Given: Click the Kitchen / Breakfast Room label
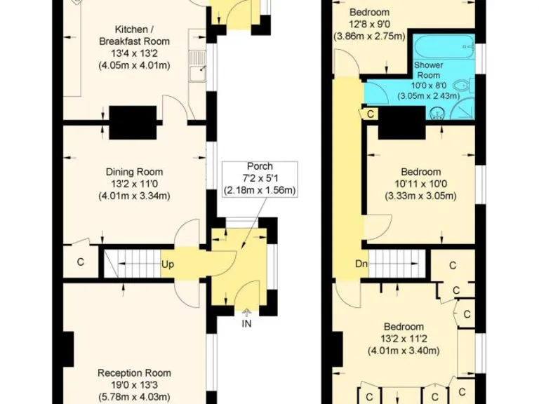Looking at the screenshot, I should (134, 36).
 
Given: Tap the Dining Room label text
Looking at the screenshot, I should (134, 172).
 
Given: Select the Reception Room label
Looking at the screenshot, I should (134, 373).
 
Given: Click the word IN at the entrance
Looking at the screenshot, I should (246, 323).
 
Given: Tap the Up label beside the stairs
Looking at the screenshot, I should (168, 264).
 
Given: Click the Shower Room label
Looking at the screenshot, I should (427, 70).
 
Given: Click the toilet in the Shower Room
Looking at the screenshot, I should (460, 87).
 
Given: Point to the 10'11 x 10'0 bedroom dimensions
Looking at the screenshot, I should (420, 184).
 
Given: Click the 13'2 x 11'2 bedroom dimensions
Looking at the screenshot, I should (404, 339).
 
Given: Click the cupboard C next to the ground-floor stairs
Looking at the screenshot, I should (81, 263).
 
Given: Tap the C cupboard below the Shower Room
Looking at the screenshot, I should (370, 113).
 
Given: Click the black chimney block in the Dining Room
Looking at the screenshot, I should (133, 123).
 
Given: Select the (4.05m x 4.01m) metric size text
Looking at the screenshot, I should (134, 66).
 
